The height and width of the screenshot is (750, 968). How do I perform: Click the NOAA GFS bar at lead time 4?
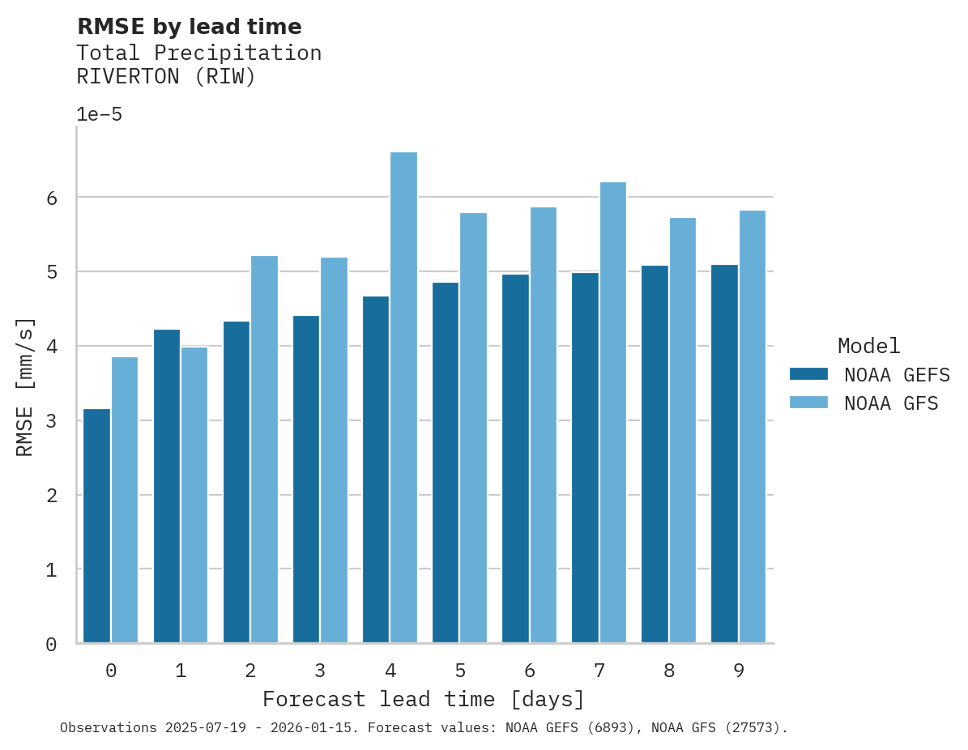tap(403, 397)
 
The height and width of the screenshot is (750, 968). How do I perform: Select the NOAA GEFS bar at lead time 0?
tap(97, 526)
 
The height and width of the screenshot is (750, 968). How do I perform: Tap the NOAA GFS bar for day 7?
tap(612, 413)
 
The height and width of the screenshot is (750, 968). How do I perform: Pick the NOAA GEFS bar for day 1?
tap(167, 486)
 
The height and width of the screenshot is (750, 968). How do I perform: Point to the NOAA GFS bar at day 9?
tap(752, 427)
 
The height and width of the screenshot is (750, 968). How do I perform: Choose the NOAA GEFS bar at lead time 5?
tap(446, 462)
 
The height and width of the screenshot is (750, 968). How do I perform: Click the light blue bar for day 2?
tap(264, 450)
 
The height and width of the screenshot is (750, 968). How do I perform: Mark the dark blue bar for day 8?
tap(655, 454)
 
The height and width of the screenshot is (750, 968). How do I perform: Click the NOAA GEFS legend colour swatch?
tap(808, 374)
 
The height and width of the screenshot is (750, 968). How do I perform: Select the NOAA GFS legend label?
tap(891, 403)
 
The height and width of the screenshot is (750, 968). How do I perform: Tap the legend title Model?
tap(868, 347)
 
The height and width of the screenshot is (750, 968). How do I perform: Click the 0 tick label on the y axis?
tap(51, 645)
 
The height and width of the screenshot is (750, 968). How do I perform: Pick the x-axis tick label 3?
tap(320, 671)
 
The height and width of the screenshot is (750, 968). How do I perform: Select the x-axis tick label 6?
tap(529, 671)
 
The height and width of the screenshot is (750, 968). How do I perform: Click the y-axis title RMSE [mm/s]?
tap(25, 387)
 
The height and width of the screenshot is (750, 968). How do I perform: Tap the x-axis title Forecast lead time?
tap(423, 699)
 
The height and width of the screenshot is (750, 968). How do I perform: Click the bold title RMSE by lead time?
tap(189, 27)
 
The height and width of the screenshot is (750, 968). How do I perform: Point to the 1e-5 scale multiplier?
tap(99, 115)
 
